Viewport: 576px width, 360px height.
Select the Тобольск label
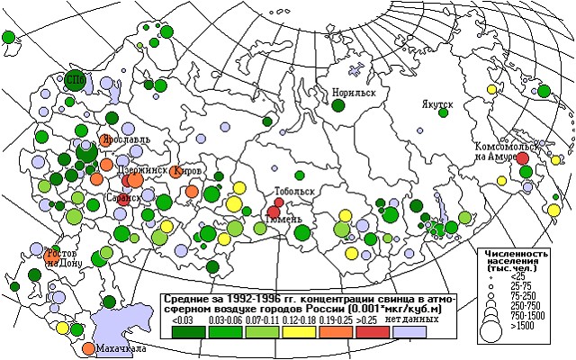click(x=293, y=192)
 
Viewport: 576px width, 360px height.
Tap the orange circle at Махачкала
click(x=87, y=348)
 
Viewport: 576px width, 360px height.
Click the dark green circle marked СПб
click(x=76, y=80)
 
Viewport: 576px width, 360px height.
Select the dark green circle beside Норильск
click(x=337, y=106)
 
